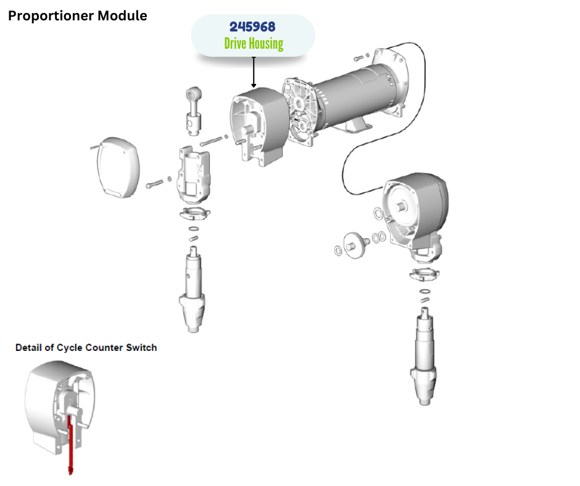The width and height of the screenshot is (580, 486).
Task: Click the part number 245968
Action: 252,27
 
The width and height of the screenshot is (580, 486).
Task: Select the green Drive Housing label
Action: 253,44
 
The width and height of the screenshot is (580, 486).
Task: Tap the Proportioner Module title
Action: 78,16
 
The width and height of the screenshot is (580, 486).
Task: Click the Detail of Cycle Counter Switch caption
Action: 86,348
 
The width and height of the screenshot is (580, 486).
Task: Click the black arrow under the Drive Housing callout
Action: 253,72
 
